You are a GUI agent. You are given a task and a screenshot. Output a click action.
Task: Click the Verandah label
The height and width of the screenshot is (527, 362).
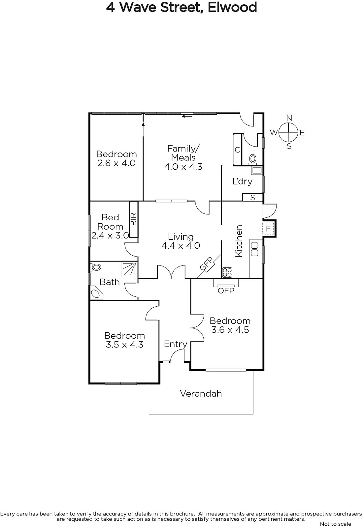pos(201,394)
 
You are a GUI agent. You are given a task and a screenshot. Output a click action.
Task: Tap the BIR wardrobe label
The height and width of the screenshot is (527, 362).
pos(134,219)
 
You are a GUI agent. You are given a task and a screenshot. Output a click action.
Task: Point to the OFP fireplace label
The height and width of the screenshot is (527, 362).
pos(226,291)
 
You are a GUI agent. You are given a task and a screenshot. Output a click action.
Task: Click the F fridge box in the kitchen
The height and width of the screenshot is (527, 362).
pos(268,229)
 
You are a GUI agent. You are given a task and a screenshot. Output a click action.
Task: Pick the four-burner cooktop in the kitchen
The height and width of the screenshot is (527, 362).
pos(227,272)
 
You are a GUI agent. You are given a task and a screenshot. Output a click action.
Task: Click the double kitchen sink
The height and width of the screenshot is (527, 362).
pos(254,249)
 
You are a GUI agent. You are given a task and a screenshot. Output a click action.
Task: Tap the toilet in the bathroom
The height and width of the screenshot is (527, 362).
pos(95,267)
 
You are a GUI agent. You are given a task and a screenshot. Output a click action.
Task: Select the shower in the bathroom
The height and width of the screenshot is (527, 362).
pos(129,270)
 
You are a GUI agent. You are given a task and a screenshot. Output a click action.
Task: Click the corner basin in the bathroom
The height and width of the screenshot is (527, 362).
pos(96,293)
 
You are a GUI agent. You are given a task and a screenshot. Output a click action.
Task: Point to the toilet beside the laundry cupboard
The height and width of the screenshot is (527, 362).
pos(253,159)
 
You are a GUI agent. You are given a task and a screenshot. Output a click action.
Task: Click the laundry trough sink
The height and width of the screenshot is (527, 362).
pos(257,170)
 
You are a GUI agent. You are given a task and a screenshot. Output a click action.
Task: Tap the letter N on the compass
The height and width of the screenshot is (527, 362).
pos(289,118)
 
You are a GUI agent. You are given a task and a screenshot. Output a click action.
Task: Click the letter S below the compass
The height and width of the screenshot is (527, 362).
pos(289,146)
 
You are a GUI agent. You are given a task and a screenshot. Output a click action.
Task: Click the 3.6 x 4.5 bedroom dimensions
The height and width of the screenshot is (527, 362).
pos(230,330)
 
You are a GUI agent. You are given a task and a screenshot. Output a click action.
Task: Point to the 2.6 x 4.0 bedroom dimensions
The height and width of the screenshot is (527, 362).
pos(116,163)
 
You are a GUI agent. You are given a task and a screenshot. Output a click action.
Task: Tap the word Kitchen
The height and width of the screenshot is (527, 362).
pos(239,241)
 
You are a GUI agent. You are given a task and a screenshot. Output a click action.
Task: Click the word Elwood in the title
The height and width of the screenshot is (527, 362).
pos(232,7)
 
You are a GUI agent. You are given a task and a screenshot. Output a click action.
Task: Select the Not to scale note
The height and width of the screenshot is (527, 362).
pos(335,524)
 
